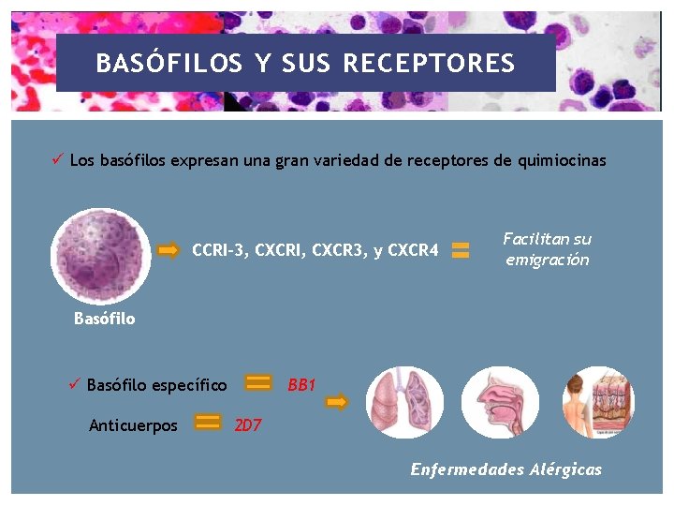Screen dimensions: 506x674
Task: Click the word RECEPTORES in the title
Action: [429, 64]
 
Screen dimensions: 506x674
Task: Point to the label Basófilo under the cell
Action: [104, 319]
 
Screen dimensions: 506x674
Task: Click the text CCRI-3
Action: [220, 250]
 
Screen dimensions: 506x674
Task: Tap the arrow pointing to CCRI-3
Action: [168, 250]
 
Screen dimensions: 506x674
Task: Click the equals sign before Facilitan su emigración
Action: [461, 250]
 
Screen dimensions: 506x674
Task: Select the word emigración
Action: [548, 260]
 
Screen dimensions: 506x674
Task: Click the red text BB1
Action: [301, 385]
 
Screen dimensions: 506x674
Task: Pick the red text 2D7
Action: [248, 425]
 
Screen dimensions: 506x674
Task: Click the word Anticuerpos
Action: [133, 425]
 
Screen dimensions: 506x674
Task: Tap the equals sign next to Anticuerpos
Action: [208, 424]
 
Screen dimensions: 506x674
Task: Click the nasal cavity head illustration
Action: [501, 403]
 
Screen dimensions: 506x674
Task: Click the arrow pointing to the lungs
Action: [336, 402]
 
